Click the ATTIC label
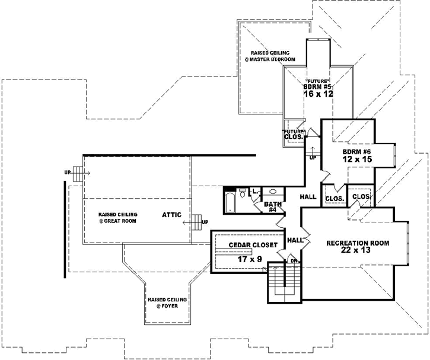(x=173, y=215)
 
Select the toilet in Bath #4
(x=243, y=194)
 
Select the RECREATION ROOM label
(x=358, y=243)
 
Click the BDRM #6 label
(x=356, y=151)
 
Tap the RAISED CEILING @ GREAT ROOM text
(x=118, y=217)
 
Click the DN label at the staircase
(x=293, y=260)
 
